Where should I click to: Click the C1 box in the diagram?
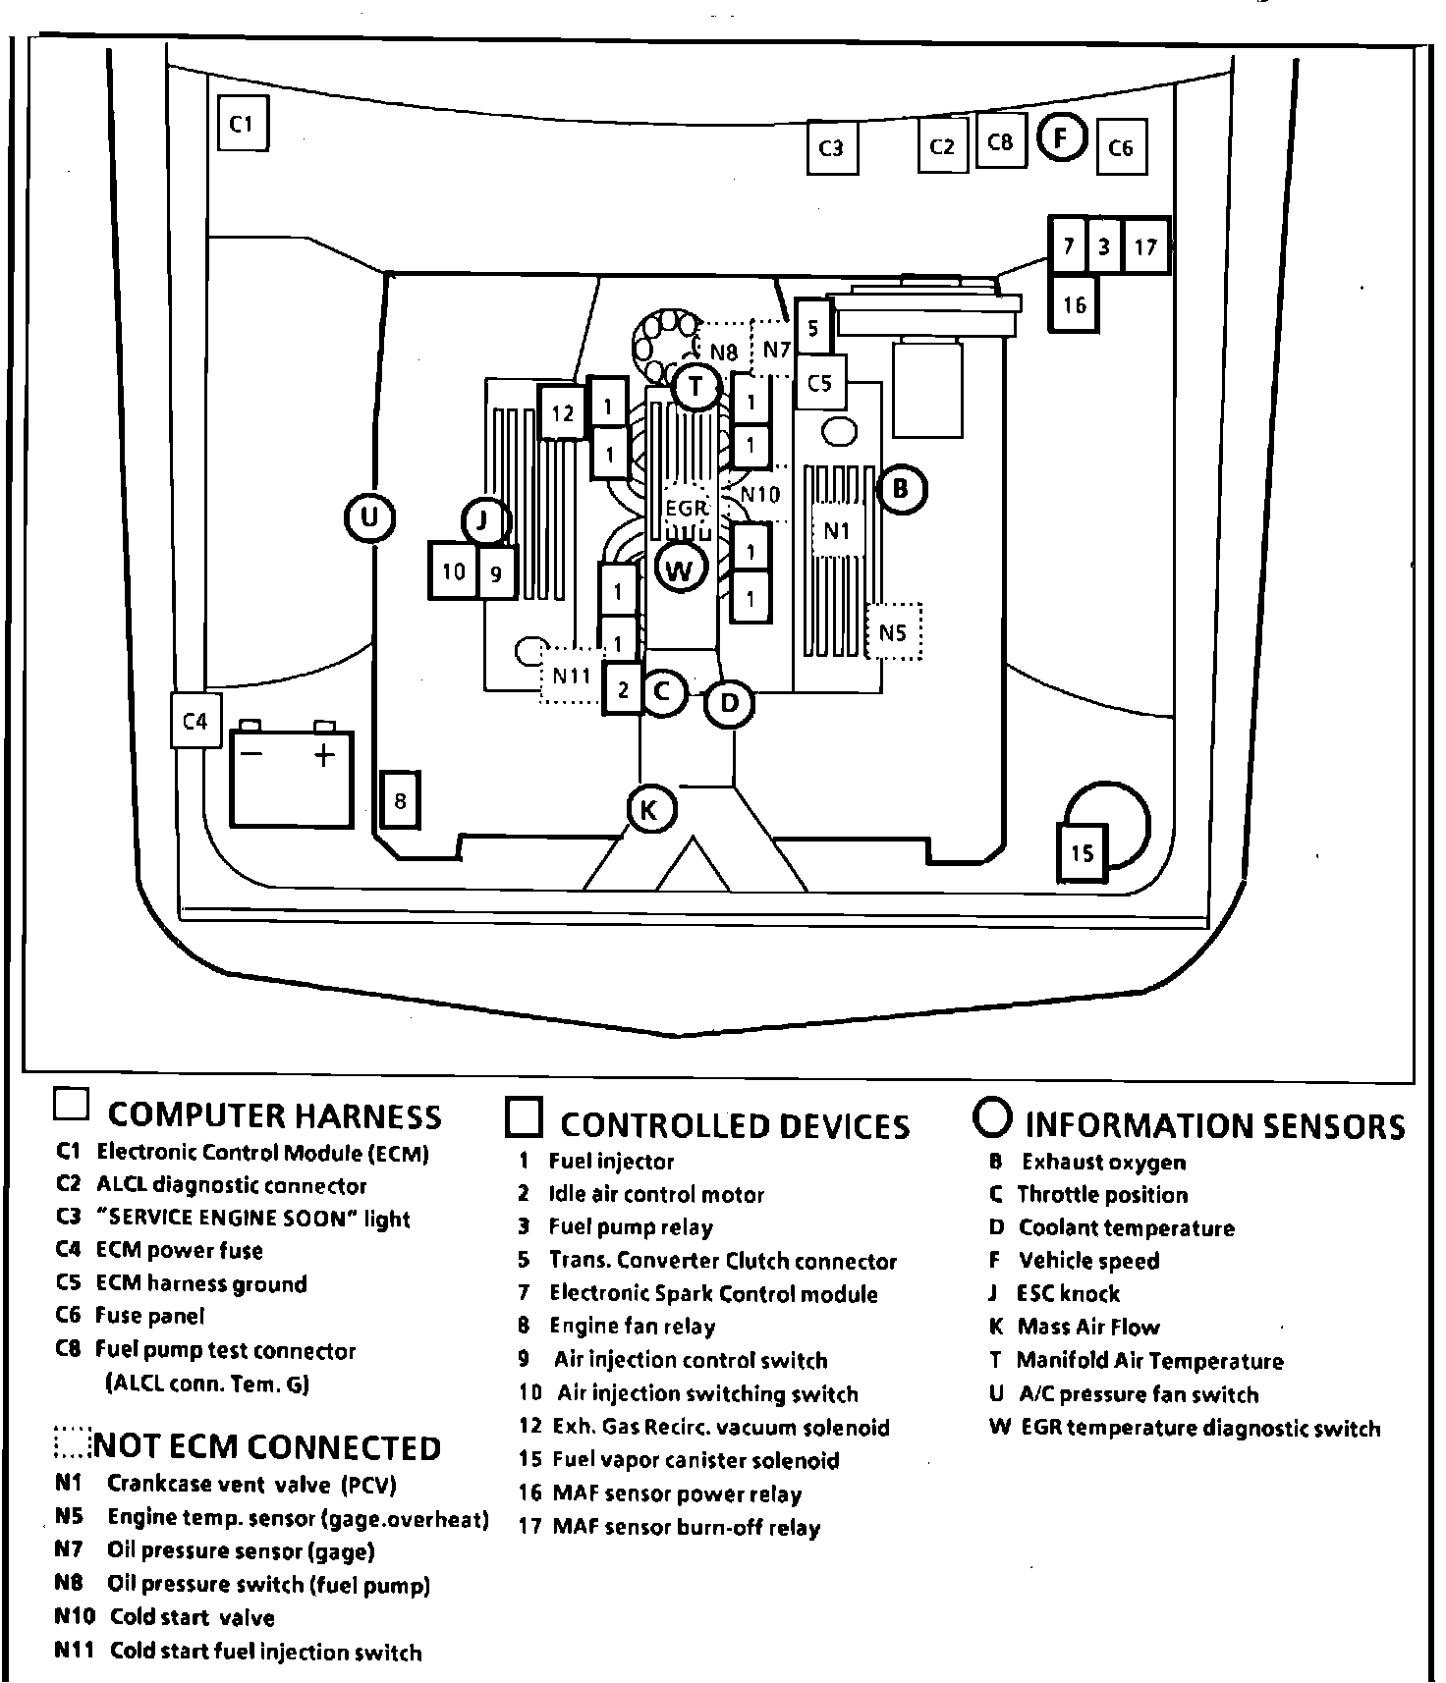point(242,123)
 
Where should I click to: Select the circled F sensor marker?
point(1061,138)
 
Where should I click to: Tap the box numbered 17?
point(1145,245)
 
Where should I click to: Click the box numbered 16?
point(1074,304)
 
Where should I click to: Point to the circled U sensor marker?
point(369,517)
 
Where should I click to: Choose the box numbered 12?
point(563,412)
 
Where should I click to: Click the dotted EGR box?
point(686,509)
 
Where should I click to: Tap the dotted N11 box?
point(571,676)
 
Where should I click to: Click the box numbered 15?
point(1082,851)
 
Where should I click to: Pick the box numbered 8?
point(400,800)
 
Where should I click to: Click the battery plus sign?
point(324,754)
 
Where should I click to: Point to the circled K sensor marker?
point(649,811)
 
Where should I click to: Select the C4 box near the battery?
point(195,721)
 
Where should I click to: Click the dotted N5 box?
point(893,632)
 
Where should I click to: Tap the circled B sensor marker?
point(901,488)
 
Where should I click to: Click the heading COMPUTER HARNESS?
point(274,1115)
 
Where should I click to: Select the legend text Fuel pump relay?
point(631,1227)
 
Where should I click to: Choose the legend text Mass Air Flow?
point(1088,1328)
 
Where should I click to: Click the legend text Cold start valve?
point(192,1617)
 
